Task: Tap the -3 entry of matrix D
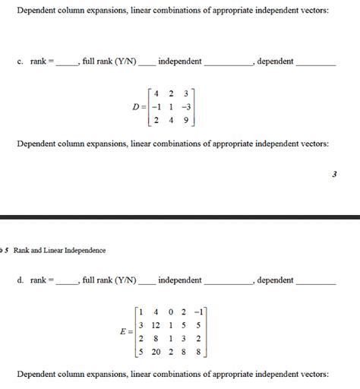coord(186,106)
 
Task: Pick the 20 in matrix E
coord(156,352)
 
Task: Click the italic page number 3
coord(334,174)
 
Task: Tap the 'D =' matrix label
coord(139,106)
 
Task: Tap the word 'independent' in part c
coord(180,62)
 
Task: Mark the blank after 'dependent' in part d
coord(314,283)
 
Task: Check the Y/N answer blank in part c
coord(146,64)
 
